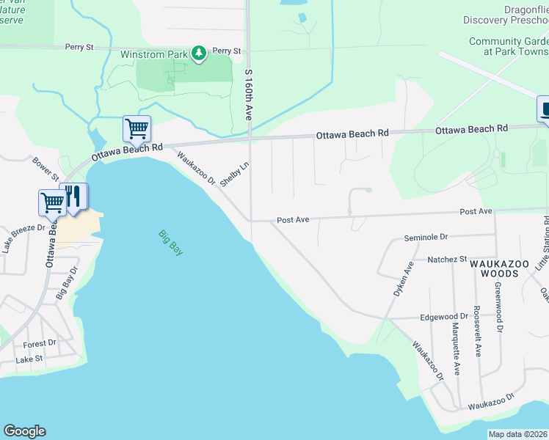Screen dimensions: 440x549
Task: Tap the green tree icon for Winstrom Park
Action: (198, 53)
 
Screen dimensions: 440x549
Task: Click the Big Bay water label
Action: (170, 243)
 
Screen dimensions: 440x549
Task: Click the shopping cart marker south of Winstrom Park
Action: (137, 129)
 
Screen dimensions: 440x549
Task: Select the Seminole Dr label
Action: (426, 238)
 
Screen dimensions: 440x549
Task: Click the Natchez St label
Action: (447, 260)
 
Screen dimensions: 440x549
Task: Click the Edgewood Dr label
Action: (443, 318)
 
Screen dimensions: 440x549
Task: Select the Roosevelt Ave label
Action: (477, 341)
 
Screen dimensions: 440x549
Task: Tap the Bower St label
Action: (45, 169)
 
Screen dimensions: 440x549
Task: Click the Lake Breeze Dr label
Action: (23, 238)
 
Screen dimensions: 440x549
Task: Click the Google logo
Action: (24, 431)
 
